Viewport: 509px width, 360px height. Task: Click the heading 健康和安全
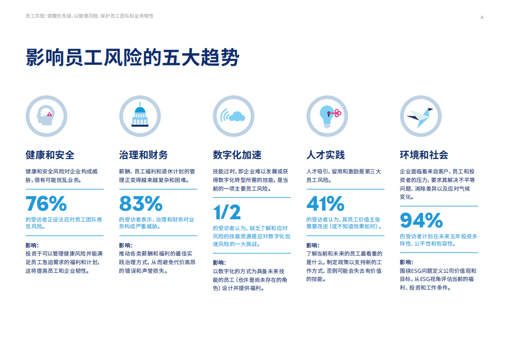(50, 155)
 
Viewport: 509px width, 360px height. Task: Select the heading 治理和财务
(143, 155)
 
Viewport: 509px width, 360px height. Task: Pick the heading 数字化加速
(237, 155)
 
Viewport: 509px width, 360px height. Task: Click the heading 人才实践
(326, 155)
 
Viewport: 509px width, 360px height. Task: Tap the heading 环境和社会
(424, 155)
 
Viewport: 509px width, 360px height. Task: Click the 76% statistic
(46, 203)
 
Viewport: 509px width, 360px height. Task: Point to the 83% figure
(141, 203)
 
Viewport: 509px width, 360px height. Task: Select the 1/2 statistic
(227, 212)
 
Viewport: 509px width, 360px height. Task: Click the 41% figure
(325, 203)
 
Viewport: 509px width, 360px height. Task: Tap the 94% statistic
(421, 220)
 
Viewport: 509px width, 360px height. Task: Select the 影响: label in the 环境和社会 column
(406, 262)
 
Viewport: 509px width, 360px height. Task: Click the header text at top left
(90, 16)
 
